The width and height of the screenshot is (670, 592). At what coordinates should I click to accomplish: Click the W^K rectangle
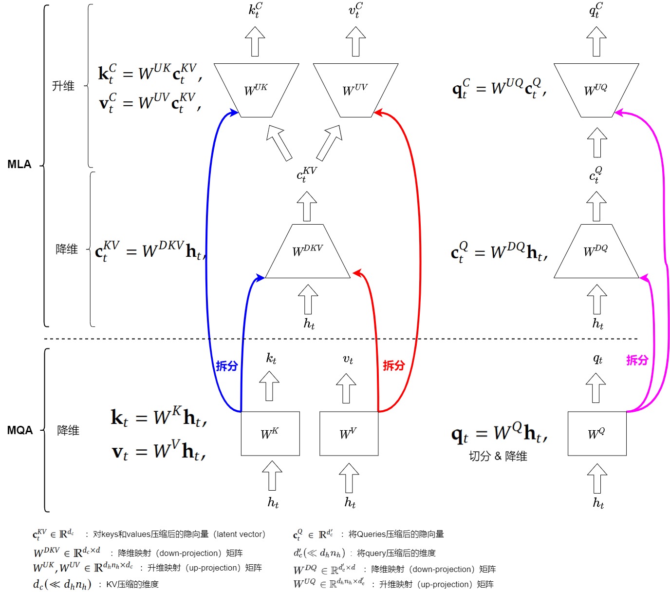click(x=270, y=434)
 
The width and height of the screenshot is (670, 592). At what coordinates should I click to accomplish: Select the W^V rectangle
click(x=349, y=434)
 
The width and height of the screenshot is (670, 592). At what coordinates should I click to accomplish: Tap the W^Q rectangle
click(x=597, y=434)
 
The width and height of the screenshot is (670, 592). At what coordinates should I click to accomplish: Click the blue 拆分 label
click(x=227, y=366)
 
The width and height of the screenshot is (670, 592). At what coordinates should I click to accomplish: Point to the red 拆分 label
click(x=393, y=365)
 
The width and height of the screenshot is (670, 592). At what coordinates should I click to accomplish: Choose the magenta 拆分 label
click(x=637, y=360)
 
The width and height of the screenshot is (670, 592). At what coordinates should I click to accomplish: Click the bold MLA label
click(x=19, y=164)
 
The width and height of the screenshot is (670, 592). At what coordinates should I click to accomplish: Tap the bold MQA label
click(x=20, y=430)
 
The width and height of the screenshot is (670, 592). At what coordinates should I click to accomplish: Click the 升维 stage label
click(x=63, y=86)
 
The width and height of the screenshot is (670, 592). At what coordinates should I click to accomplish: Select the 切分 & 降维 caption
click(x=498, y=456)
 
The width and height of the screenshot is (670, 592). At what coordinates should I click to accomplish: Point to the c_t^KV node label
click(x=307, y=174)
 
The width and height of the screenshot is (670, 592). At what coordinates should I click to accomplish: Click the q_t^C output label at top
click(x=596, y=10)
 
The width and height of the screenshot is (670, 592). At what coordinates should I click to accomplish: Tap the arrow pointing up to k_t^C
click(x=255, y=41)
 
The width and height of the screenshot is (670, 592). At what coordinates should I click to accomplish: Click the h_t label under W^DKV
click(x=309, y=324)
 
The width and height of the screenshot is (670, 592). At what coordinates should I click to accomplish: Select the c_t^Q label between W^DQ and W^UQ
click(x=596, y=174)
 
